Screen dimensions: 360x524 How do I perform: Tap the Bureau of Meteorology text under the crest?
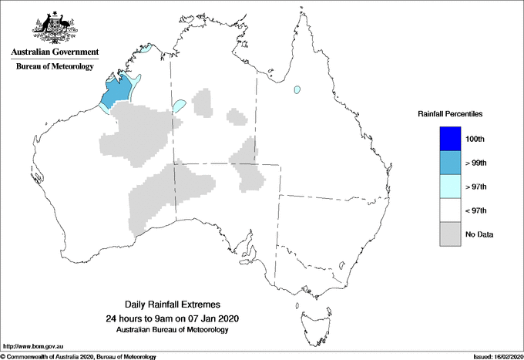(x=55, y=66)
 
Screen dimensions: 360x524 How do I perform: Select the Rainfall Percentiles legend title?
(x=450, y=113)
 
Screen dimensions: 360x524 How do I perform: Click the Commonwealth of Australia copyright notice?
(x=79, y=356)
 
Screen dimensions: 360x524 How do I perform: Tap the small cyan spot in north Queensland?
(x=296, y=90)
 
